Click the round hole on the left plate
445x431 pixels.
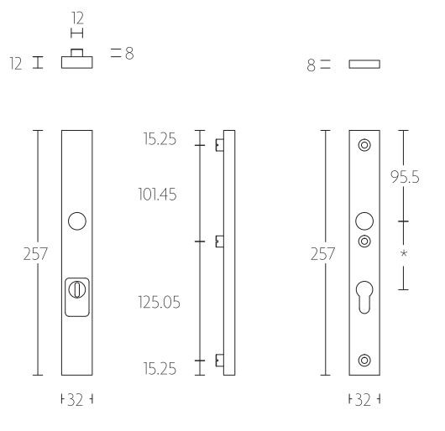[76, 221]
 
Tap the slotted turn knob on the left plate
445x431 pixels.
[76, 291]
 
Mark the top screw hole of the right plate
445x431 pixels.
[364, 145]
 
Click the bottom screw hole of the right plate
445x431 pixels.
[364, 361]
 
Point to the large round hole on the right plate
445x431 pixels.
[364, 221]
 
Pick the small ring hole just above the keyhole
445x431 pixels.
[364, 241]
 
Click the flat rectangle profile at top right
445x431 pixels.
[364, 64]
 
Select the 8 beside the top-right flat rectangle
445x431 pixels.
[312, 65]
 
